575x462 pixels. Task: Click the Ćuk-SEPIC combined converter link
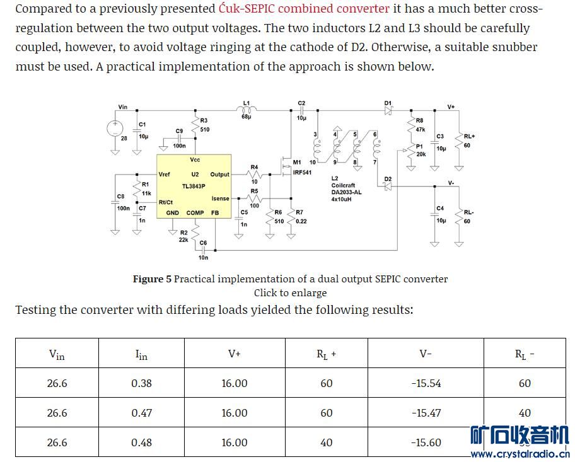pyautogui.click(x=304, y=9)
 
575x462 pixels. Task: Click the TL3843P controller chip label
pyautogui.click(x=194, y=186)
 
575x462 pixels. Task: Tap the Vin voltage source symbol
pyautogui.click(x=115, y=128)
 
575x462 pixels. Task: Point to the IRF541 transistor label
pyautogui.click(x=302, y=172)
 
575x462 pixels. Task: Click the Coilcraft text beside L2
pyautogui.click(x=343, y=185)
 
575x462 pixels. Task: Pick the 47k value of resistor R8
pyautogui.click(x=421, y=129)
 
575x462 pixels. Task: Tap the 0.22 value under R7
pyautogui.click(x=301, y=221)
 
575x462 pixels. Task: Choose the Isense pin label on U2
pyautogui.click(x=220, y=199)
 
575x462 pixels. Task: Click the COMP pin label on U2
pyautogui.click(x=195, y=213)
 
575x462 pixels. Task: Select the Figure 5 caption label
pyautogui.click(x=151, y=279)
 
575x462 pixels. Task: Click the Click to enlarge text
pyautogui.click(x=290, y=292)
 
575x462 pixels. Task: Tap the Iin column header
pyautogui.click(x=141, y=355)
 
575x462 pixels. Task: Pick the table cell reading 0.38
pyautogui.click(x=141, y=383)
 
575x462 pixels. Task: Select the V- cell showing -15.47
pyautogui.click(x=426, y=413)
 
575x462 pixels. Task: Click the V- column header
pyautogui.click(x=426, y=354)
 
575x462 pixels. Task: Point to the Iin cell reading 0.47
pyautogui.click(x=141, y=413)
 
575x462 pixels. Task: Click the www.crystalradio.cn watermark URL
pyautogui.click(x=520, y=454)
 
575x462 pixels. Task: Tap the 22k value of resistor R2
pyautogui.click(x=183, y=240)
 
